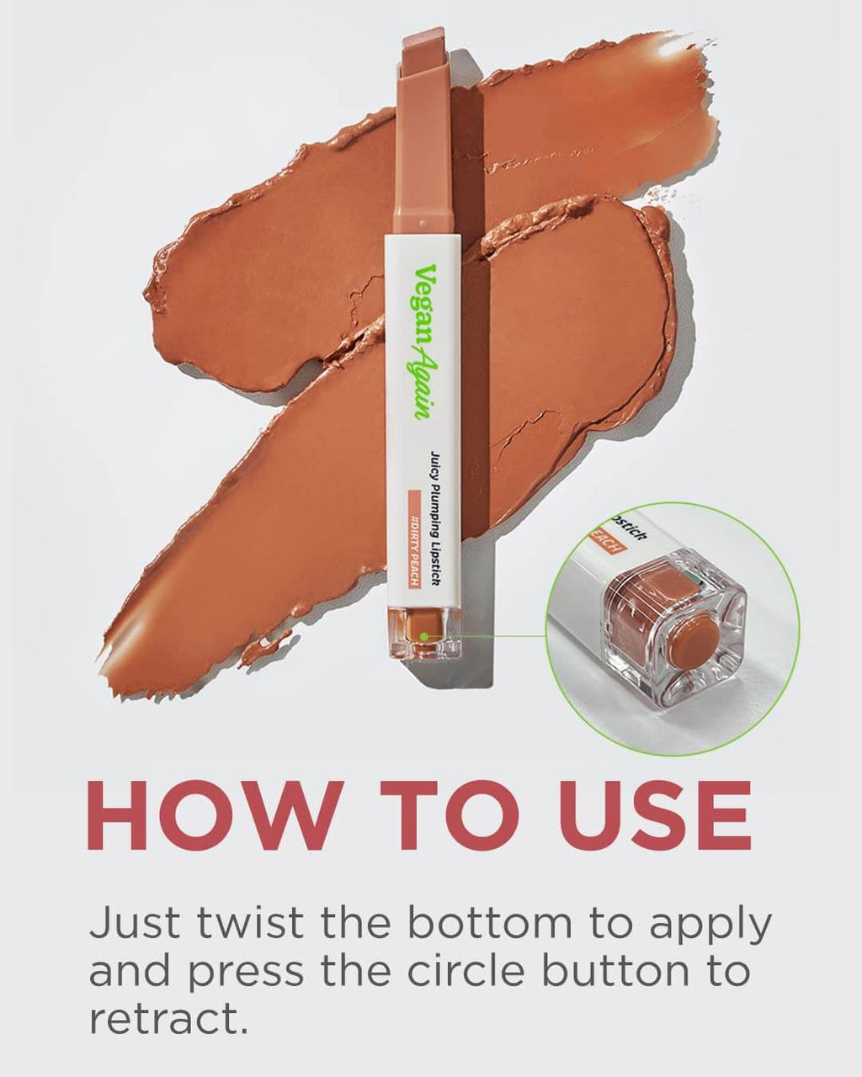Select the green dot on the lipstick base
coord(425,635)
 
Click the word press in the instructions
coord(246,972)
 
